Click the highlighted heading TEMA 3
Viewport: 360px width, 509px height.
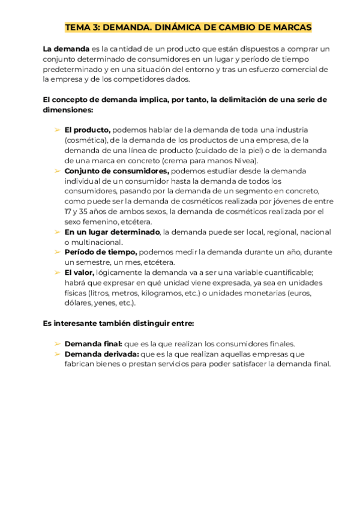click(188, 28)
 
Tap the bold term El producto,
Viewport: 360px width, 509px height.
click(88, 129)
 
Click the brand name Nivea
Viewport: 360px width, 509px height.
click(243, 160)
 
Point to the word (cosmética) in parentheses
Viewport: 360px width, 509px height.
click(86, 140)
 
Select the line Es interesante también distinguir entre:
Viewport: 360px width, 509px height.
click(119, 323)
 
